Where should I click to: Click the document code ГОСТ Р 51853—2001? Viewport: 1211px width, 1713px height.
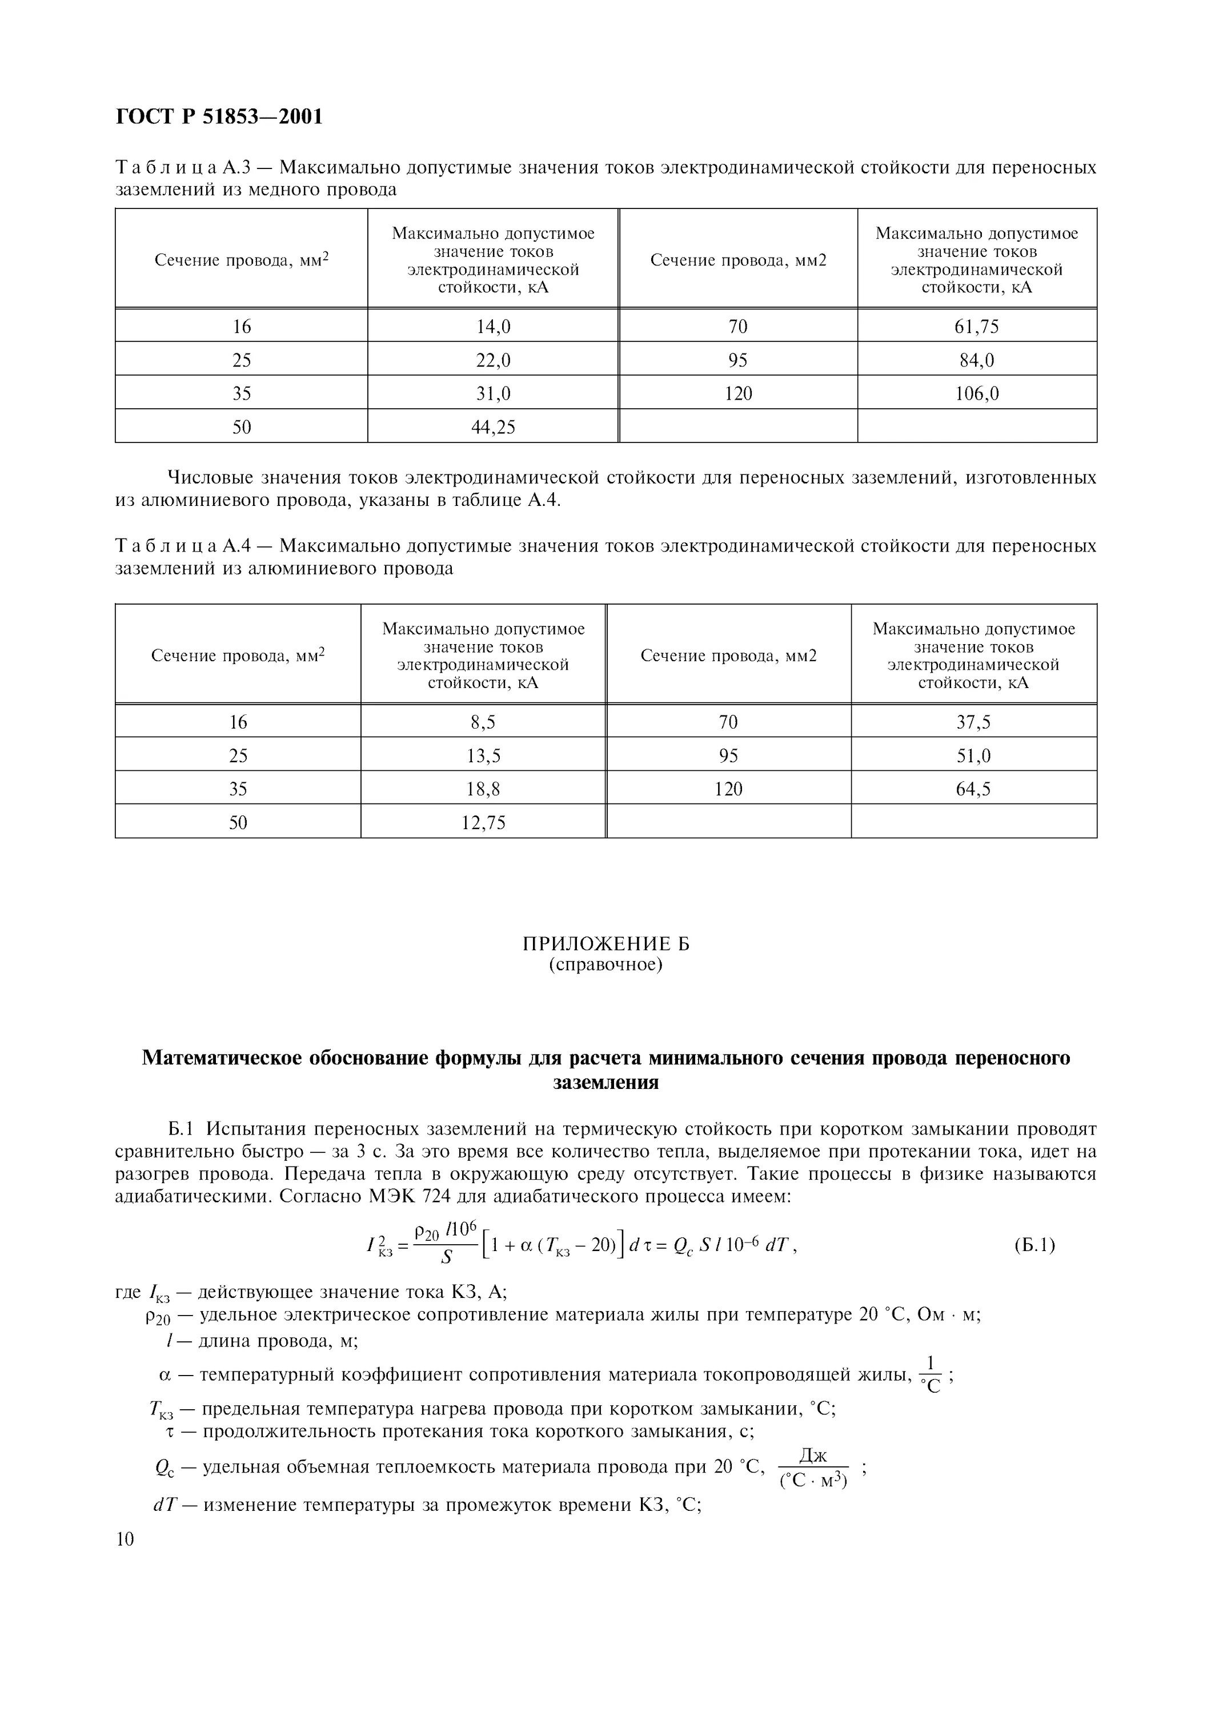click(x=219, y=117)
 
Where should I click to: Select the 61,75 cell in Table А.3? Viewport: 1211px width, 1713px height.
click(x=976, y=327)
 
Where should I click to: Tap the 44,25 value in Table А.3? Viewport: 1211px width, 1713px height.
click(x=492, y=427)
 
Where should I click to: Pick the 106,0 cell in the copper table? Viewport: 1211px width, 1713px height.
click(x=976, y=393)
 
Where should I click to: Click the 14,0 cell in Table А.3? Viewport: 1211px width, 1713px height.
click(x=492, y=327)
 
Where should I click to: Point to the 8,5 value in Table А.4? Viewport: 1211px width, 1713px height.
click(x=483, y=722)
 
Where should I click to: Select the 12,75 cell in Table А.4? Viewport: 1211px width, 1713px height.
click(x=483, y=822)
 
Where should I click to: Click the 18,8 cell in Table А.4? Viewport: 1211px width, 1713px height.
click(x=483, y=789)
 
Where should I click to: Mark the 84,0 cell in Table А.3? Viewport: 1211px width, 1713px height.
click(x=976, y=360)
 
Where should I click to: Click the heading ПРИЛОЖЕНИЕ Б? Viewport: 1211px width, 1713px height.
click(x=605, y=944)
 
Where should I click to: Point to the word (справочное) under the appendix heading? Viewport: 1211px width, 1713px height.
click(x=605, y=964)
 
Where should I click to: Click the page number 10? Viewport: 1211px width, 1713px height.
click(x=125, y=1539)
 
